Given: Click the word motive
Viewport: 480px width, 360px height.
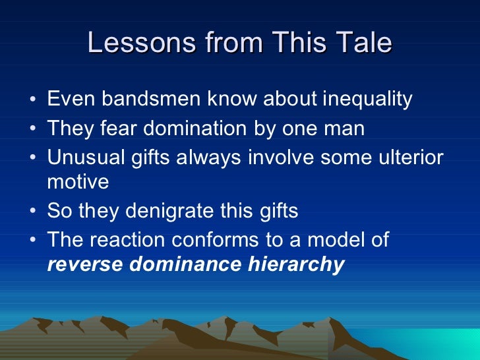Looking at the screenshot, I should click(x=78, y=181).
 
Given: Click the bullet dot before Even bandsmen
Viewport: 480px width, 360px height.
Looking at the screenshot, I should click(x=33, y=101).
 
